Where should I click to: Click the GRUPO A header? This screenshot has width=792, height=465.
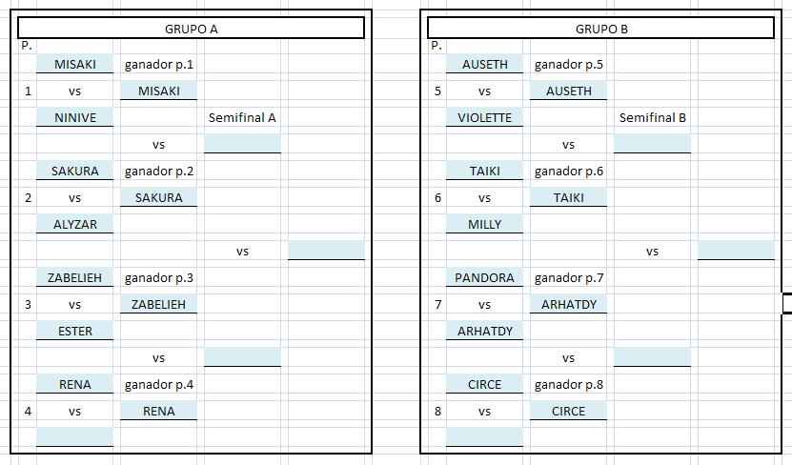coord(191,30)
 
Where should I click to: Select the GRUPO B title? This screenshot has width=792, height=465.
coord(601,30)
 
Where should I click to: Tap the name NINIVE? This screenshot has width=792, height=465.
coord(75,117)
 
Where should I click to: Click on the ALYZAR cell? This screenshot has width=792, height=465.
coord(75,224)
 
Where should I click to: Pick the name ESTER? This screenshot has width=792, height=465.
coord(75,332)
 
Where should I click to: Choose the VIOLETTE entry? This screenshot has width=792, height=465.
coord(485,117)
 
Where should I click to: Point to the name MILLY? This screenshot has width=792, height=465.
coord(485,224)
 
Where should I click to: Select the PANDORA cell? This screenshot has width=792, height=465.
coord(484,277)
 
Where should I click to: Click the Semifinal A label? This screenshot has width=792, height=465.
coord(242,117)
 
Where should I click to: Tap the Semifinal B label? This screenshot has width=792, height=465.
coord(653,117)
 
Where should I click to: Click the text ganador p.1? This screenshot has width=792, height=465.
coord(159,65)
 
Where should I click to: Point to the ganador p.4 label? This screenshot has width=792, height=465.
coord(159,385)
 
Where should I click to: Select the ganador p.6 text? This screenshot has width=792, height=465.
coord(569,172)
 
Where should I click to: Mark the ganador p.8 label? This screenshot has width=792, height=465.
coord(569,385)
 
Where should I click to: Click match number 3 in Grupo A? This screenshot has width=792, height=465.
coord(28,305)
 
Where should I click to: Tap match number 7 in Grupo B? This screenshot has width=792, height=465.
coord(437,305)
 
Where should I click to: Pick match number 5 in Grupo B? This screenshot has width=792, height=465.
coord(437,91)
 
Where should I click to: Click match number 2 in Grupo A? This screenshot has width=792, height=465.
coord(28,198)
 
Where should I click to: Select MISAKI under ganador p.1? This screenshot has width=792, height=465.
coord(159,91)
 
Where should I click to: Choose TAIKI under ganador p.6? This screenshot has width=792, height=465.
coord(569,197)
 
